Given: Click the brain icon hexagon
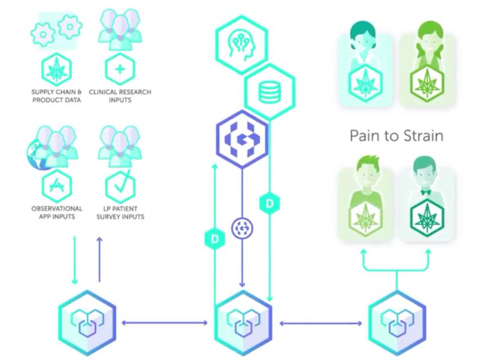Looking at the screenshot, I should coord(241,44).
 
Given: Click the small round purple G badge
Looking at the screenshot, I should coord(242,228).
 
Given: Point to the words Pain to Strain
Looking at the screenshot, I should coord(397,135).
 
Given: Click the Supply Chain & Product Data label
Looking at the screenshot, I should coord(56,96).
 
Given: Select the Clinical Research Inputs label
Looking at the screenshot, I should coord(120,96).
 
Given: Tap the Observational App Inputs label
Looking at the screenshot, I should coord(56,212).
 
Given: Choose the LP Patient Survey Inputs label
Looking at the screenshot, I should coord(120,212).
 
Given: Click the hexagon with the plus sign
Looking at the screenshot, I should coord(120,68).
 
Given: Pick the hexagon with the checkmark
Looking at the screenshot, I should coord(120,186).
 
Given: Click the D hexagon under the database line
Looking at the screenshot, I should coord(270,204).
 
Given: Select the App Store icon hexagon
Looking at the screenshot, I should coord(56,186).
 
